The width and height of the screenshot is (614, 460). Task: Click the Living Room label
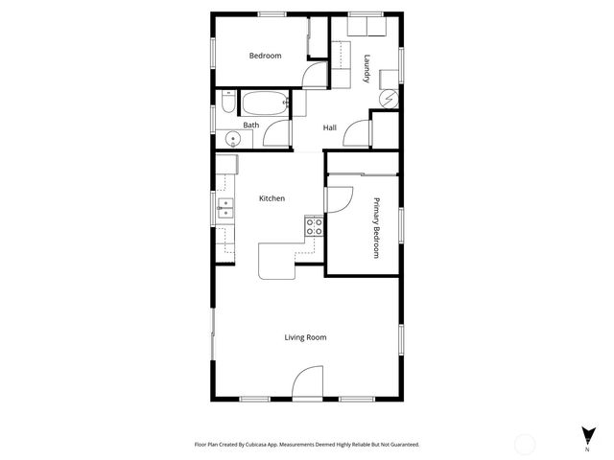point(305,337)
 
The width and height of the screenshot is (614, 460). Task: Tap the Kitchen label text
point(272,198)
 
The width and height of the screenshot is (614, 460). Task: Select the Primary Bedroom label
point(376,227)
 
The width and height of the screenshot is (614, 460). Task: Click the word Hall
point(329,127)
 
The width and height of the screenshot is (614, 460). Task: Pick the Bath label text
point(250,125)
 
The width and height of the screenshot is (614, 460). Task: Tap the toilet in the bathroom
point(226,102)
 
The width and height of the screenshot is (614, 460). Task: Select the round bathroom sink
point(231,140)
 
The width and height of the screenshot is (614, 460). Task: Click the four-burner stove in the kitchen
point(314,227)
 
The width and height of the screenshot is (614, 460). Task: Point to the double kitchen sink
point(225,208)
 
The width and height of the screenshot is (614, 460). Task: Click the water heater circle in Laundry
point(389,99)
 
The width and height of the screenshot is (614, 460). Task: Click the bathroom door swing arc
point(275,134)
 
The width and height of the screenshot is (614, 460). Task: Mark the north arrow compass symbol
point(586,436)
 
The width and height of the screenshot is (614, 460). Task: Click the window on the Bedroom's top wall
point(272,13)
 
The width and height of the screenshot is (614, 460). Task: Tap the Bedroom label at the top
point(265,56)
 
